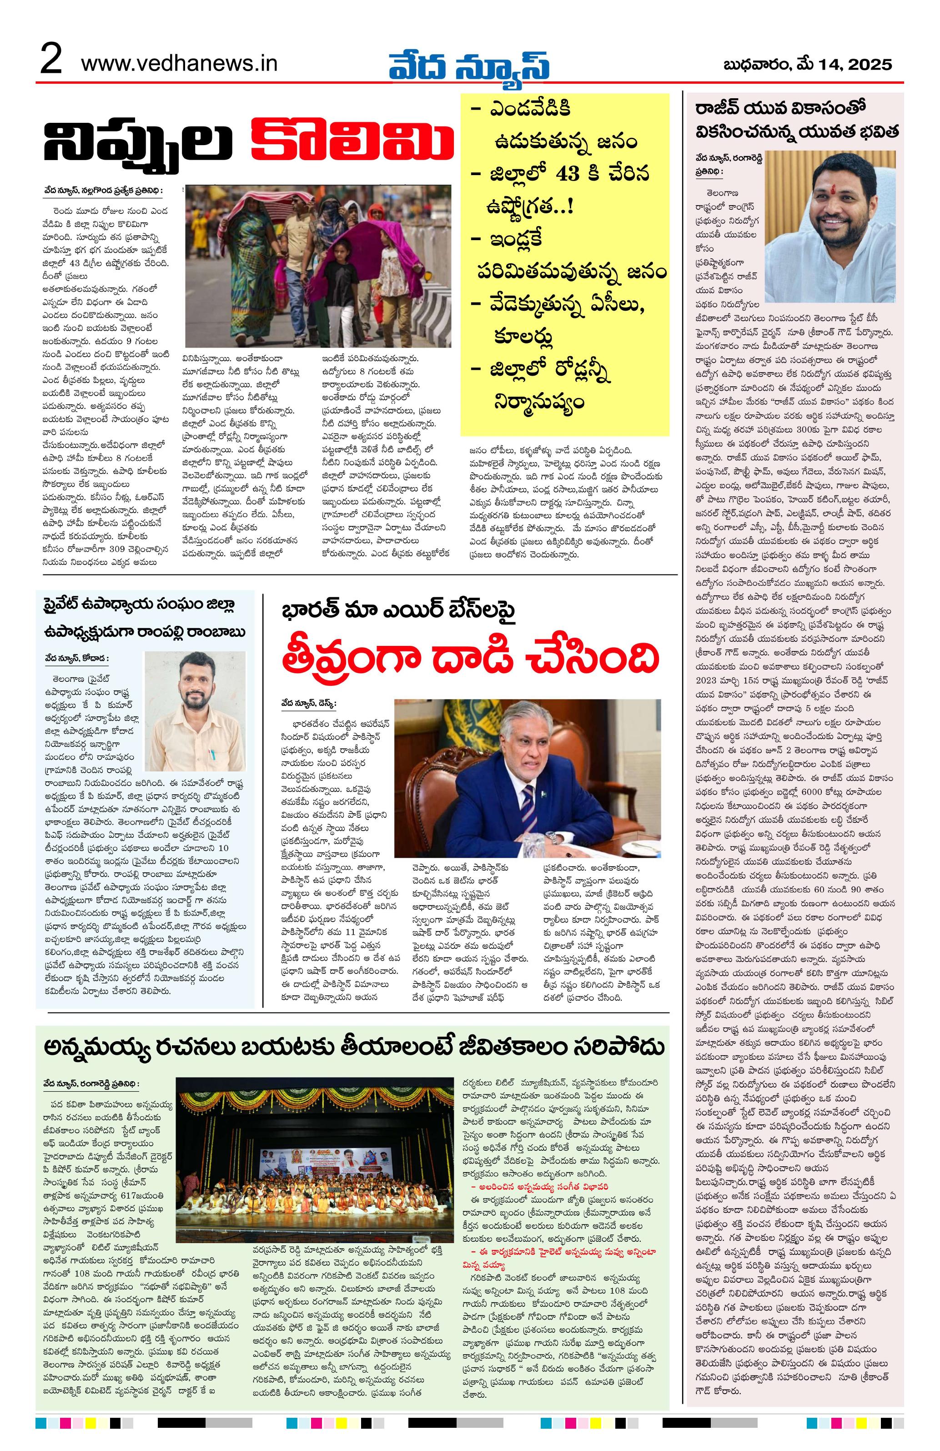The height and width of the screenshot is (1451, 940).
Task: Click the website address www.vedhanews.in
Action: click(179, 63)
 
